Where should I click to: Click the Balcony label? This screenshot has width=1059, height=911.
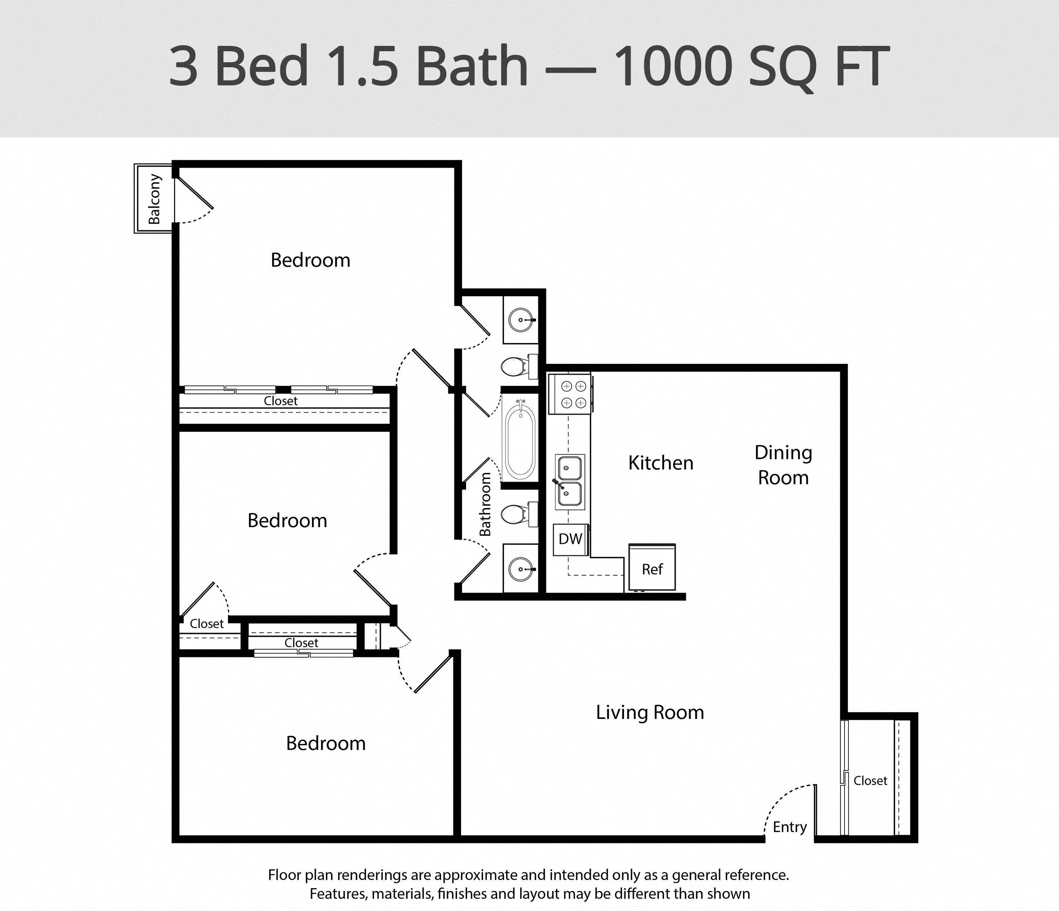pyautogui.click(x=154, y=199)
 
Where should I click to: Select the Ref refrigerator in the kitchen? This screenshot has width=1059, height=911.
pyautogui.click(x=652, y=567)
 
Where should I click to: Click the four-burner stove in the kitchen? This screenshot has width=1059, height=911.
pyautogui.click(x=570, y=394)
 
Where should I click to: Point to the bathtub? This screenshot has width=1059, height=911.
pyautogui.click(x=520, y=438)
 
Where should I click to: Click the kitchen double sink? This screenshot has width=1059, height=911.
pyautogui.click(x=570, y=482)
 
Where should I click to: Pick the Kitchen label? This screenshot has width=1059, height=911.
pyautogui.click(x=661, y=463)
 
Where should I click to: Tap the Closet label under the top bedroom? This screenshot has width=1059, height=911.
pyautogui.click(x=281, y=401)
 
